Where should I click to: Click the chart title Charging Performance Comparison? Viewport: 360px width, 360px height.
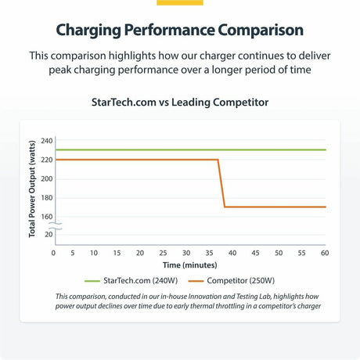[180, 31]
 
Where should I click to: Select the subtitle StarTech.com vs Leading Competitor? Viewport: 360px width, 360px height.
[180, 102]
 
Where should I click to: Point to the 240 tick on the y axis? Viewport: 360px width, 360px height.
[47, 141]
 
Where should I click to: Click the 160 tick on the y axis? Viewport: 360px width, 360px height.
[47, 217]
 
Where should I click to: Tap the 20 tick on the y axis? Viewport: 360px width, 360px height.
[49, 234]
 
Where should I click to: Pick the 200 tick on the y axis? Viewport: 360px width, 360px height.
[47, 178]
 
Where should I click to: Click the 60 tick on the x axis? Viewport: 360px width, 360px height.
[325, 254]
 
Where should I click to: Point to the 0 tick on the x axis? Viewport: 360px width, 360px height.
[53, 254]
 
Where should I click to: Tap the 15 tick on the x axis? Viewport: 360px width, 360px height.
[117, 254]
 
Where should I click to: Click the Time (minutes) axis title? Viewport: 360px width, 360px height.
[189, 265]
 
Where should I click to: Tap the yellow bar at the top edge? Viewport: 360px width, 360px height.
[180, 2]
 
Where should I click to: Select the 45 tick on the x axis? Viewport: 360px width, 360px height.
[254, 254]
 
